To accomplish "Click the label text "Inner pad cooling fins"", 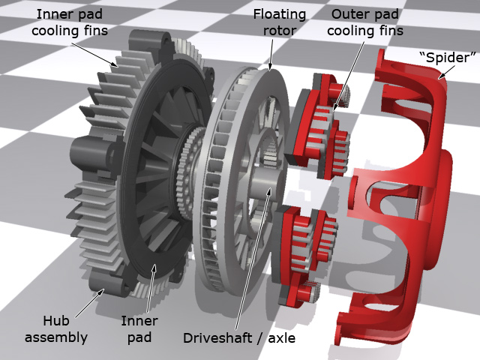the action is tap(70, 22).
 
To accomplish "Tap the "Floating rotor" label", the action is tap(279, 22).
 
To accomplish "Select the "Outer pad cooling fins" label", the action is tap(365, 22).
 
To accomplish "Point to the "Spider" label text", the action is tap(448, 58).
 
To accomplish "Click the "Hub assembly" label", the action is tap(56, 329).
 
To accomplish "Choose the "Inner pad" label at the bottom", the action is tap(139, 329).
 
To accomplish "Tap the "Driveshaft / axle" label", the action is tap(239, 338).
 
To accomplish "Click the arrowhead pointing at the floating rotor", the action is tap(270, 66).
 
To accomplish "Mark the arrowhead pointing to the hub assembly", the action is tap(100, 292).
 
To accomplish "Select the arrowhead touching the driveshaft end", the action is tap(268, 191).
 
